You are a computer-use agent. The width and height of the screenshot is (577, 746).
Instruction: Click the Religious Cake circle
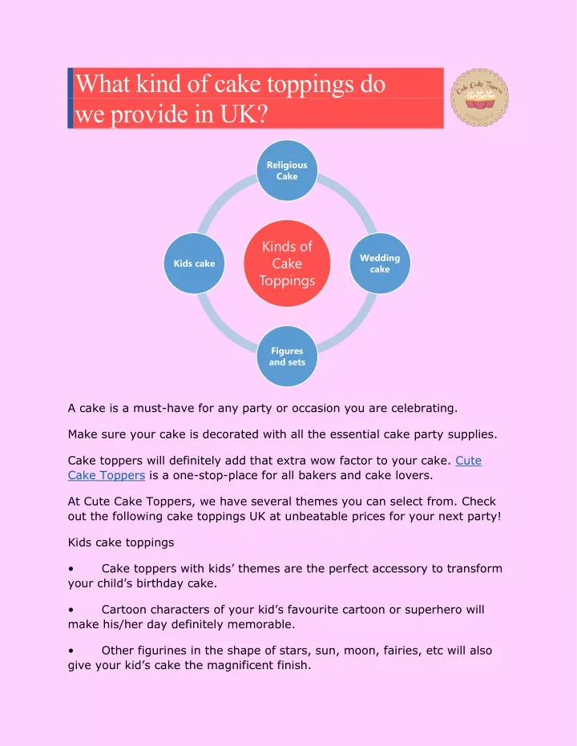[287, 171]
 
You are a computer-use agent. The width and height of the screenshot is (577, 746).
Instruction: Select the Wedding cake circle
[380, 263]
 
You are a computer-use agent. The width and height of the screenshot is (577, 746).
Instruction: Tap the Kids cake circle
[194, 263]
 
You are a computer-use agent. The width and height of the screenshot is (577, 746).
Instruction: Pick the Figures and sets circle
[287, 356]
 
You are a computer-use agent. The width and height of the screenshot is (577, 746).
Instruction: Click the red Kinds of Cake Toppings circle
[287, 263]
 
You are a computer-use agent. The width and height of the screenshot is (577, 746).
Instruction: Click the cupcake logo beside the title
[479, 98]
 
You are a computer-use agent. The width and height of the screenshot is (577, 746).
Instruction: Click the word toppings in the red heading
[310, 86]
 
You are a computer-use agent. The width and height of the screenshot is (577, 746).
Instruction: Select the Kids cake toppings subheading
[121, 542]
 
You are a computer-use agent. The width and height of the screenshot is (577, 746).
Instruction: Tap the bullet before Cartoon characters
[71, 610]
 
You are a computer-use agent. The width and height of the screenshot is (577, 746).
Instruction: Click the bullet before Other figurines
[71, 651]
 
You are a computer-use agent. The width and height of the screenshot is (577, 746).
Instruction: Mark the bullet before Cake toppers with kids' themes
[71, 569]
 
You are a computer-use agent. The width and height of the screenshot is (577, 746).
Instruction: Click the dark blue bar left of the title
[71, 98]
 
